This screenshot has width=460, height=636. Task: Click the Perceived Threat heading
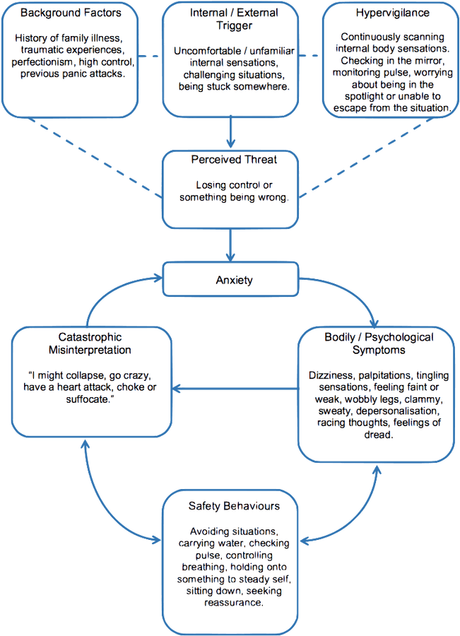pos(233,160)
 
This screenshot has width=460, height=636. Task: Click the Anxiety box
pos(233,281)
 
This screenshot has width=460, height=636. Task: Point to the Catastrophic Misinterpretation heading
pos(90,343)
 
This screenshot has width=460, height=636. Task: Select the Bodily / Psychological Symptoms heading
pos(374,343)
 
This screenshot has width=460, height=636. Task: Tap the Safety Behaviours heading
pos(234,506)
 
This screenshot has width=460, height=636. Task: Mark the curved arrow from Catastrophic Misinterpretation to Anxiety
pos(113,297)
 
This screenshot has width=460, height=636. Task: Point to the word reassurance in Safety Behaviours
pos(234,603)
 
